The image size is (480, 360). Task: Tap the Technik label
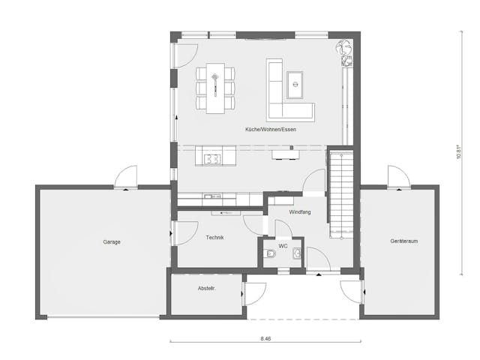(x=216, y=238)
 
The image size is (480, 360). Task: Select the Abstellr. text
(x=206, y=288)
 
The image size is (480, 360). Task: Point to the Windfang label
(x=300, y=212)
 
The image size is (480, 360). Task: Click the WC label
(x=283, y=245)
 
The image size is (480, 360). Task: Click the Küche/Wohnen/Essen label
(x=271, y=130)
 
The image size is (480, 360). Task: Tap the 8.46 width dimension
(x=265, y=339)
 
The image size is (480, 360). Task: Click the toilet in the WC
(x=270, y=255)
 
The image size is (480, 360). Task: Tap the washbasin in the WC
(x=297, y=254)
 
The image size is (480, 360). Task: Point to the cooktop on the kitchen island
(x=212, y=158)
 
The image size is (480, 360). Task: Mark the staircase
(x=341, y=191)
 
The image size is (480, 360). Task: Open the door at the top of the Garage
(x=126, y=177)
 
